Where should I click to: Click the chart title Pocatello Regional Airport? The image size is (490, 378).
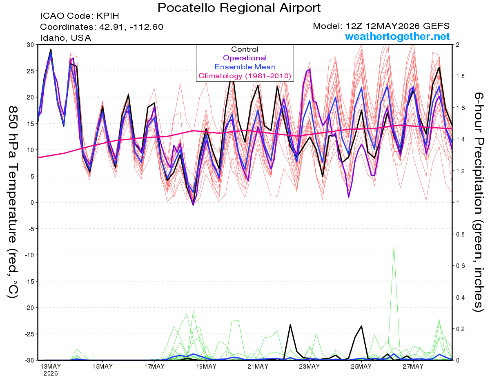pyautogui.click(x=239, y=8)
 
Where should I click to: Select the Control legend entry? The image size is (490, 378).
pyautogui.click(x=245, y=49)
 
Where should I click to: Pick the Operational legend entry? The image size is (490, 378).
pyautogui.click(x=245, y=58)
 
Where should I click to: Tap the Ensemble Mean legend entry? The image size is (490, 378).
pyautogui.click(x=245, y=67)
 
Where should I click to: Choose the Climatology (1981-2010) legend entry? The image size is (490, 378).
pyautogui.click(x=245, y=76)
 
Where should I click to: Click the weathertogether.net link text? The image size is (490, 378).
pyautogui.click(x=397, y=36)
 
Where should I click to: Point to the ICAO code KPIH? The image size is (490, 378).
pyautogui.click(x=108, y=16)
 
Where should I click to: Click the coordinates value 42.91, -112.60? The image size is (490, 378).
pyautogui.click(x=131, y=27)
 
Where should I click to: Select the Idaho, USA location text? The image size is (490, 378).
pyautogui.click(x=66, y=38)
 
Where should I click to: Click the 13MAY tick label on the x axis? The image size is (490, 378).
pyautogui.click(x=51, y=366)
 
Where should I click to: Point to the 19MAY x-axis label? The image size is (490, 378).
pyautogui.click(x=206, y=366)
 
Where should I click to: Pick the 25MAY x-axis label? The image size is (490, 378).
pyautogui.click(x=361, y=366)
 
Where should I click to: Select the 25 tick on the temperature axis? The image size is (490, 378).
pyautogui.click(x=31, y=71)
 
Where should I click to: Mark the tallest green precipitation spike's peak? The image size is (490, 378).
pyautogui.click(x=394, y=247)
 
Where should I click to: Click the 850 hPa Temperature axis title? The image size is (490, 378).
pyautogui.click(x=13, y=202)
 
